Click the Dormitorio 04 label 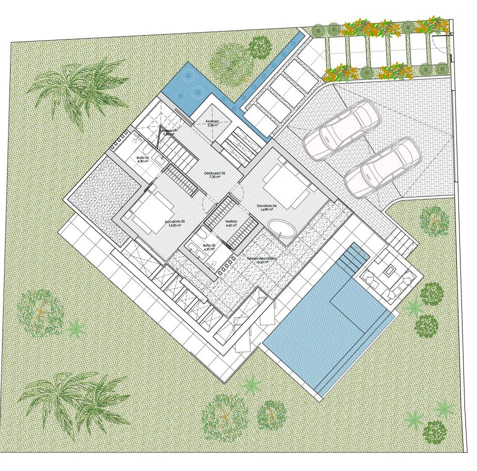point(267,205)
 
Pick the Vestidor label point(230,221)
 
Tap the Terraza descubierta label point(262,259)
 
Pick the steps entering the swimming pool point(353,258)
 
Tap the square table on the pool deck point(390,272)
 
